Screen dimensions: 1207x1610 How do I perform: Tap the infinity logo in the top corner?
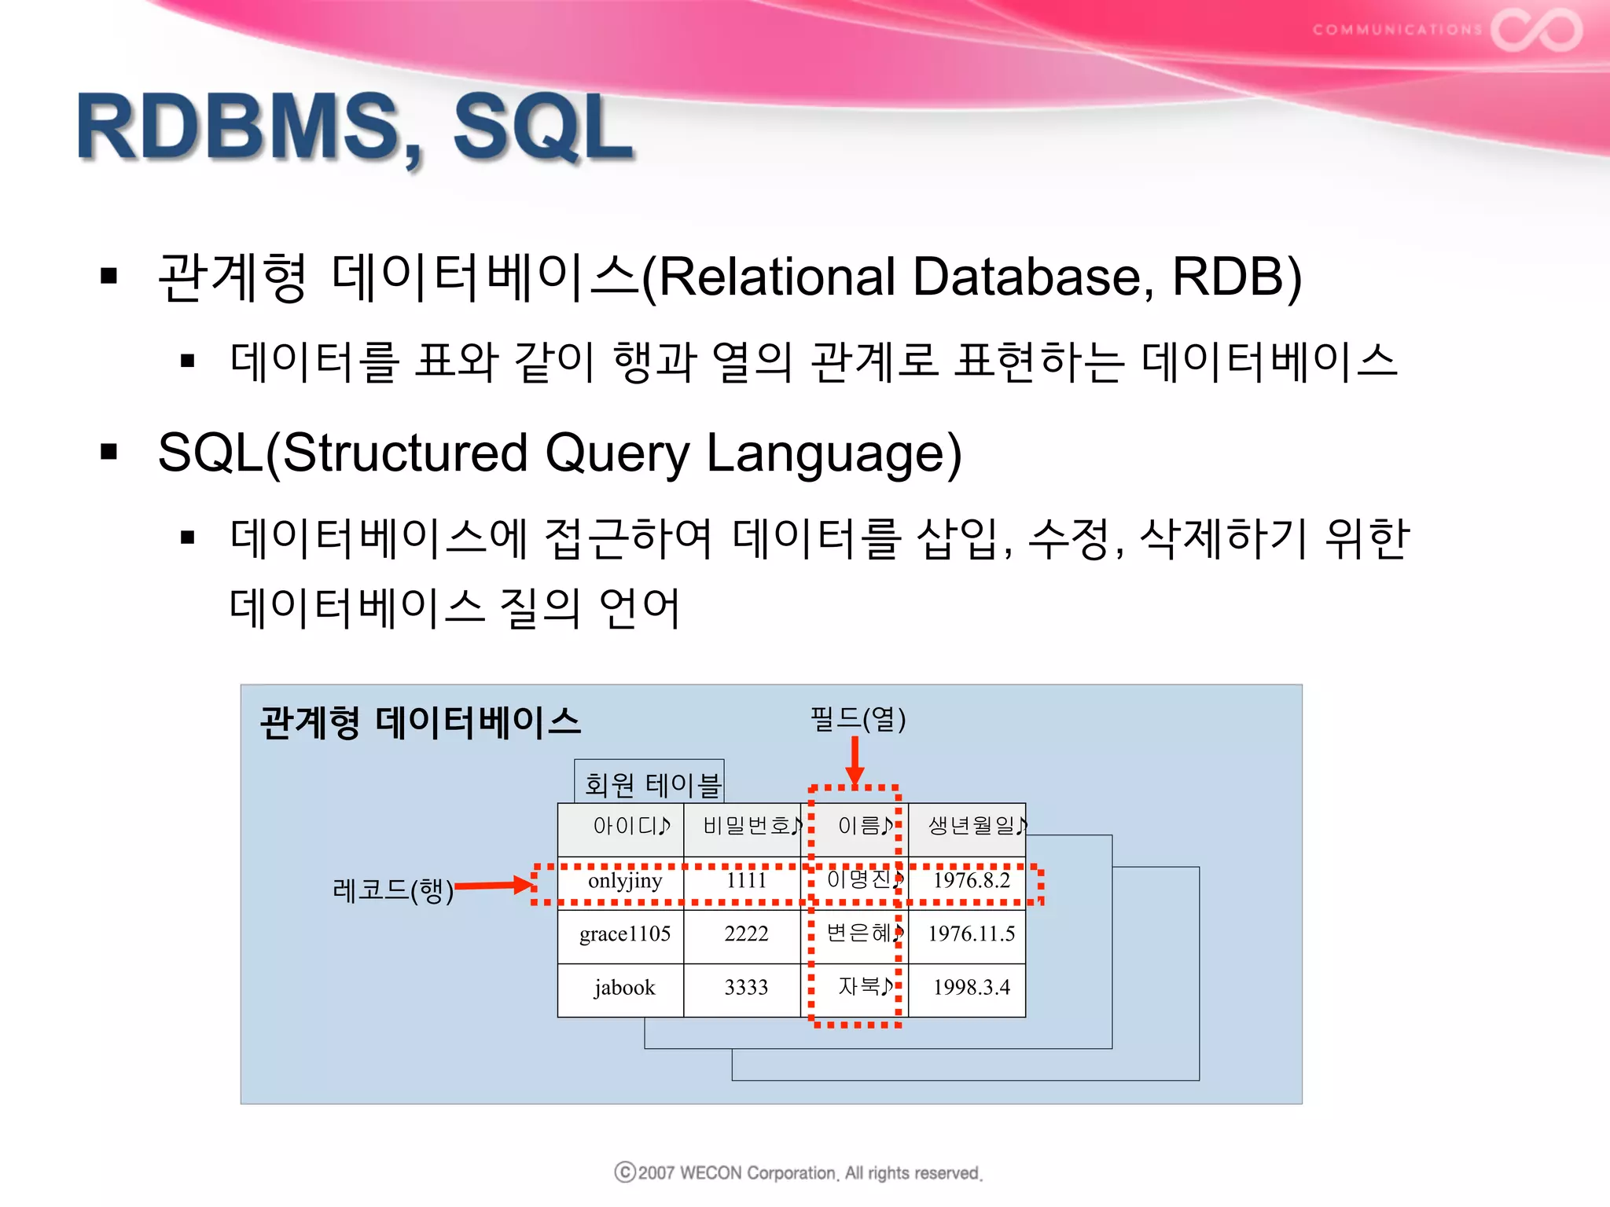pos(1536,30)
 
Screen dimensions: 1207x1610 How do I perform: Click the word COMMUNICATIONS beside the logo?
pos(1397,30)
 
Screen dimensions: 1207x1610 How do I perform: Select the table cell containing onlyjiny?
pos(624,880)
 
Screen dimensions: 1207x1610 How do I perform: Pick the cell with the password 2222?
pos(745,934)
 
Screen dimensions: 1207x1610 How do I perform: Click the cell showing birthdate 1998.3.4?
pos(971,987)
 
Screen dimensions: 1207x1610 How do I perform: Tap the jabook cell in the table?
pos(624,987)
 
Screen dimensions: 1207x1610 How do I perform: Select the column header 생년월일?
pos(972,826)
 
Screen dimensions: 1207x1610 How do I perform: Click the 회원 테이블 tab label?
pos(652,783)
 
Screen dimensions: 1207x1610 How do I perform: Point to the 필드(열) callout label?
pos(858,718)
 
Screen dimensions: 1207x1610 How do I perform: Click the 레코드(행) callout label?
pos(392,890)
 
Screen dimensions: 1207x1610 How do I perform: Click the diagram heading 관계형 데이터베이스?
pos(420,721)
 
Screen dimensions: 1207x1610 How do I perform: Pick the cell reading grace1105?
pos(624,934)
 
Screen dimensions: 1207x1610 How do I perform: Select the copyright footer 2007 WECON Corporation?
pos(799,1172)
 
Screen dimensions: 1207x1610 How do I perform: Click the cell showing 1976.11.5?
pos(971,934)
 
